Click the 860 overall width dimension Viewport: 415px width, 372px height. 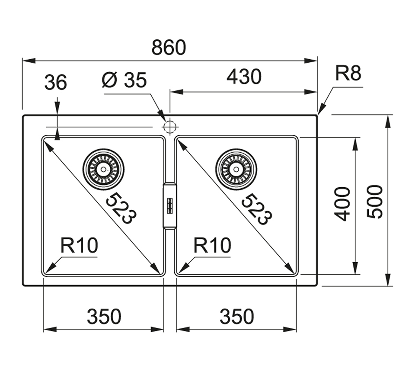(x=169, y=48)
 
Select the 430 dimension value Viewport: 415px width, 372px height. (x=244, y=77)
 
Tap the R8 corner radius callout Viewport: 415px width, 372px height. (x=348, y=74)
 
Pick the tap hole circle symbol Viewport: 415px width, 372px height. (x=170, y=127)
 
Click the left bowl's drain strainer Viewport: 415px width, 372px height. (x=103, y=169)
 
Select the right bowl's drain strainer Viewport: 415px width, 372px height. (x=236, y=169)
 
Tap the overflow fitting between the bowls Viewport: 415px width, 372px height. (x=169, y=205)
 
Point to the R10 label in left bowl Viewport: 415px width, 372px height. (x=79, y=246)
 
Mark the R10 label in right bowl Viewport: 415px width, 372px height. (x=212, y=246)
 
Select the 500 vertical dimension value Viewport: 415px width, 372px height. (x=374, y=202)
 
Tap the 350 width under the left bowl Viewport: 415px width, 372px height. (x=104, y=317)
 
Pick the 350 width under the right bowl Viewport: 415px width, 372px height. (x=236, y=317)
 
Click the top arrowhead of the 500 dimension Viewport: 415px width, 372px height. (x=388, y=121)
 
